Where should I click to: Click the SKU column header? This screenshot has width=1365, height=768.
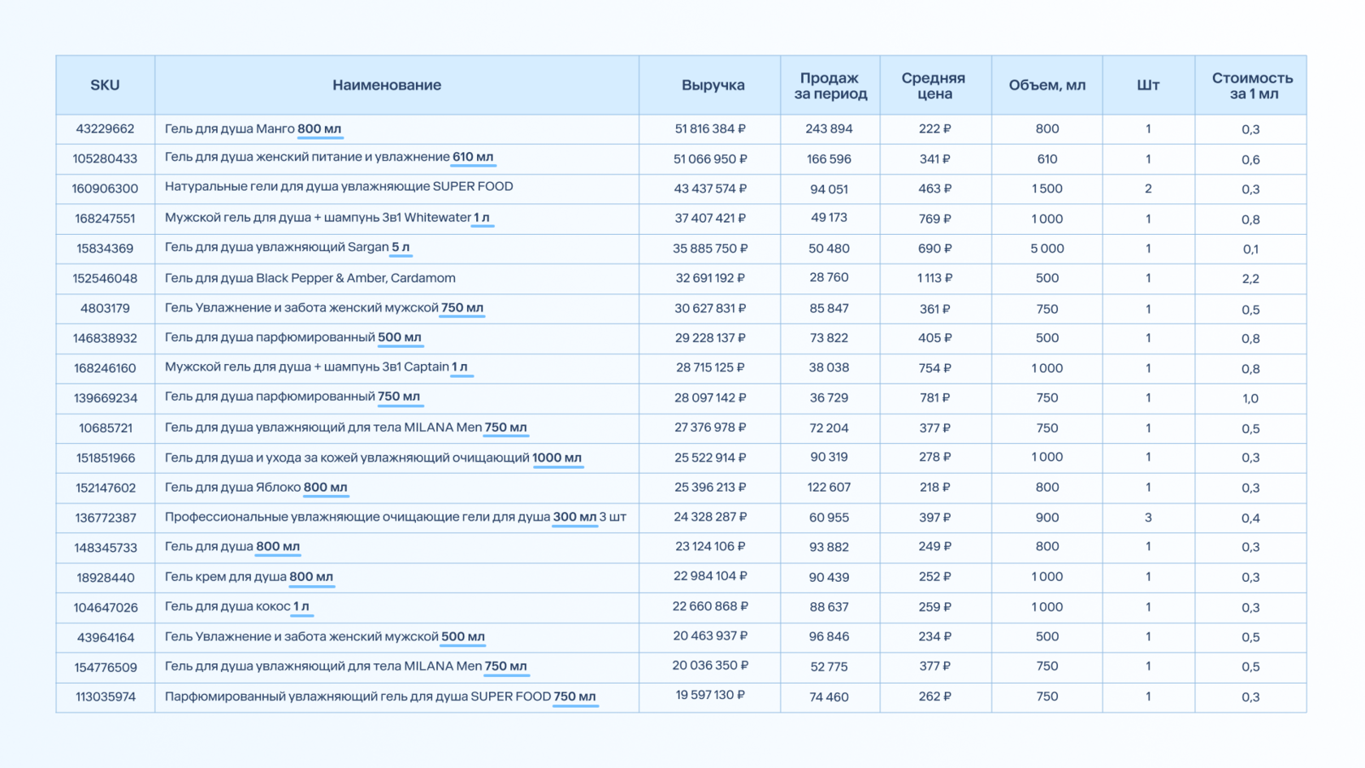tap(105, 85)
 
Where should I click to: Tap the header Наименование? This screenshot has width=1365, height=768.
tap(387, 85)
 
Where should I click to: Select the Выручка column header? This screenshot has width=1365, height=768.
tap(713, 85)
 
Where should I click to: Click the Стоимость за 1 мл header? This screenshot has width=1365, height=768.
tap(1252, 86)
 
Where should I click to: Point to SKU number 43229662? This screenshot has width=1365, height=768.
tap(105, 129)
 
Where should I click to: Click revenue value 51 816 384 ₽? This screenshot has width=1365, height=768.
tap(710, 129)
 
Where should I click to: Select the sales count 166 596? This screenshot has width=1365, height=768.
tap(830, 159)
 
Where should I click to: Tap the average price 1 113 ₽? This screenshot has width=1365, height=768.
tap(934, 279)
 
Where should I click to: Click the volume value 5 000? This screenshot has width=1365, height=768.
tap(1046, 249)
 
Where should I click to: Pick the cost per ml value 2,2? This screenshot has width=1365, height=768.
tap(1250, 280)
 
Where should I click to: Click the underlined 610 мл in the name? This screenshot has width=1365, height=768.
tap(473, 158)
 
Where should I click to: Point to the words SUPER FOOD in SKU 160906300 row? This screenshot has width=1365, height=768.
tap(473, 187)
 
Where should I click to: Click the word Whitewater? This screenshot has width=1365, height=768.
tap(437, 218)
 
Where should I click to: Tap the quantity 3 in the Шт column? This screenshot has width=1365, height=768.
tap(1148, 518)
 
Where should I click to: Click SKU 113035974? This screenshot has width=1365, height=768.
tap(106, 697)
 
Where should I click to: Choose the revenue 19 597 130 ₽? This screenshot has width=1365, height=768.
tap(710, 696)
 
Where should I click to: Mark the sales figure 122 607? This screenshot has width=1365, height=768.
tap(830, 488)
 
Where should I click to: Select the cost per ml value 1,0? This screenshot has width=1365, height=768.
tap(1250, 398)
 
